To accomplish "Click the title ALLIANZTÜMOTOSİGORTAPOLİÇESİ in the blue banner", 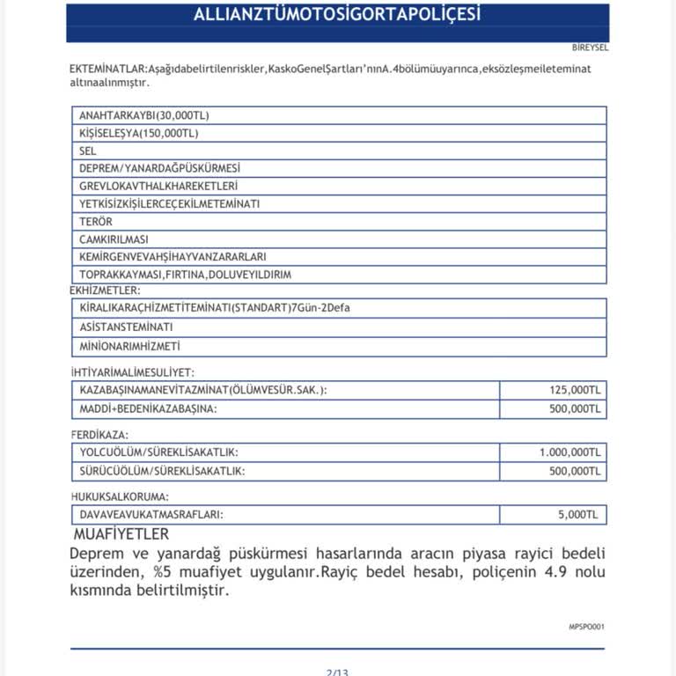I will coord(337,16).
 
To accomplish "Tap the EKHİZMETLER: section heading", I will coord(105,289).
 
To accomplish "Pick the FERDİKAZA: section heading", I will coord(99,435).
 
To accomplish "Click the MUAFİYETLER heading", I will coord(121,534).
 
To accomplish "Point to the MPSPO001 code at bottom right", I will coord(586,627).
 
